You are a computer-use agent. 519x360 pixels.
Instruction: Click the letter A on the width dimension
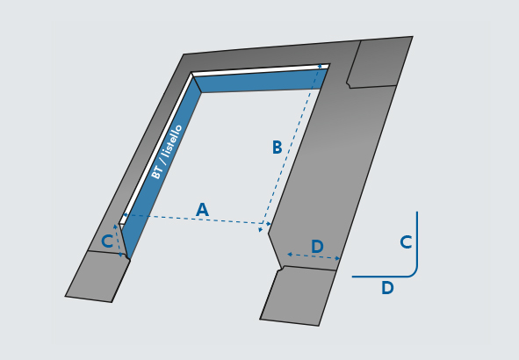pos(202,210)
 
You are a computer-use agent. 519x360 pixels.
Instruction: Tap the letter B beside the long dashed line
pos(277,148)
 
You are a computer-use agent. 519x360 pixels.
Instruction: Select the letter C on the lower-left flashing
pos(107,241)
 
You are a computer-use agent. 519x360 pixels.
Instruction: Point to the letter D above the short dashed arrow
pos(317,247)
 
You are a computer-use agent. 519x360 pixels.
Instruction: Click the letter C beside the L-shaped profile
pos(406,241)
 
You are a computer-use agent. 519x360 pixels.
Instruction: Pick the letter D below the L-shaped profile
pos(387,287)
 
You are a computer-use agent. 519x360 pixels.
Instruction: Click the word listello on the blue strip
pos(173,142)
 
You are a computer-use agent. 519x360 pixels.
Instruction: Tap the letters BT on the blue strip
pos(156,172)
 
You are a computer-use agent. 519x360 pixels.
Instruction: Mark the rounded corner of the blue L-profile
pos(413,273)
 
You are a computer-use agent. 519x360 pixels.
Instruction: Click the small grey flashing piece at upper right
pos(379,63)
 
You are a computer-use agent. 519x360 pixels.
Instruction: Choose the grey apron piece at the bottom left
pos(97,277)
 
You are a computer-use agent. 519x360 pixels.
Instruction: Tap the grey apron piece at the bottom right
pos(298,296)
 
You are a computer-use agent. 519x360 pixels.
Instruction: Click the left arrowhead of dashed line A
pos(125,215)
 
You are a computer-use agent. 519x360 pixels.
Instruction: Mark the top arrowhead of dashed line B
pos(320,67)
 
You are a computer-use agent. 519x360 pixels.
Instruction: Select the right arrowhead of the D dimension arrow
pos(337,258)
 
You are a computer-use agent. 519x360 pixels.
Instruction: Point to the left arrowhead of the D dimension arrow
pos(290,255)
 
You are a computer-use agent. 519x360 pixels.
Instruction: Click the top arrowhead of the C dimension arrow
pos(115,227)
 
